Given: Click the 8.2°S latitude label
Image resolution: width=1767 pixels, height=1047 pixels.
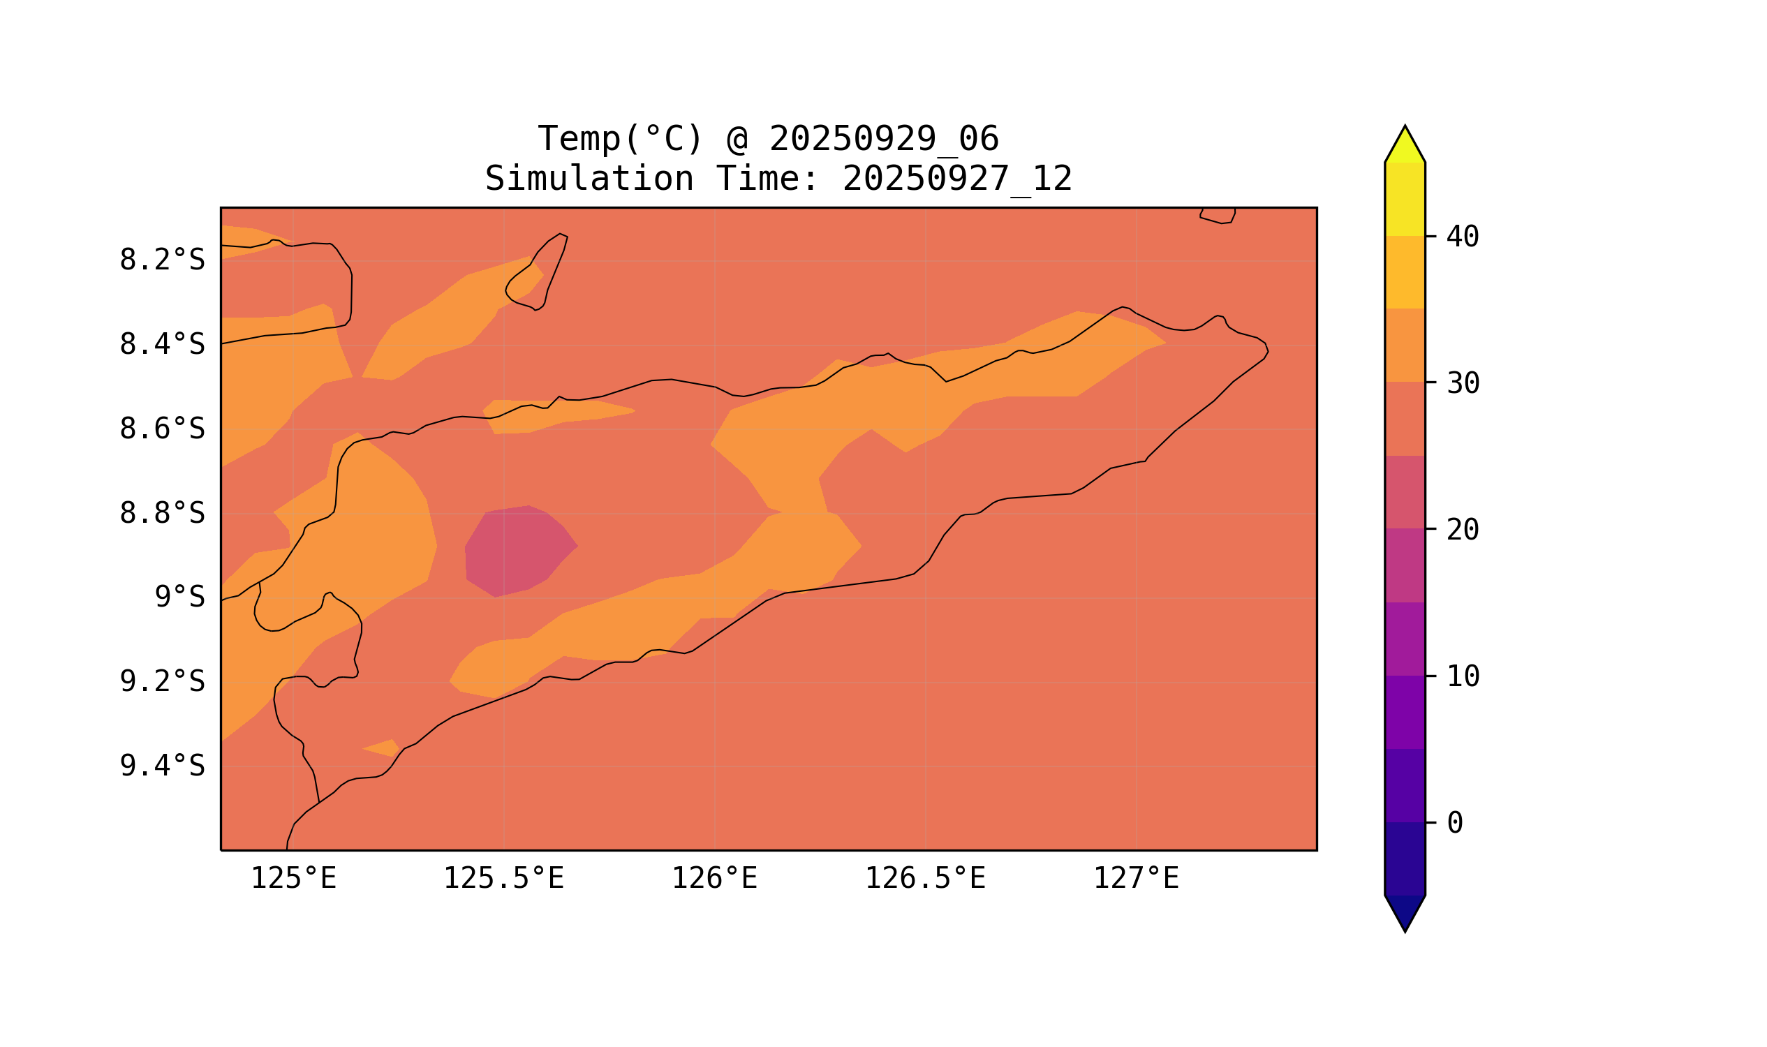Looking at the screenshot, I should click(x=161, y=260).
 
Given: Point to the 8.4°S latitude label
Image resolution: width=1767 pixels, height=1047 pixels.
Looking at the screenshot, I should click(x=161, y=345).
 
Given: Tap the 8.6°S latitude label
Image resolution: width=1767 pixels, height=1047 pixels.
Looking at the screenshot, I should click(x=161, y=429).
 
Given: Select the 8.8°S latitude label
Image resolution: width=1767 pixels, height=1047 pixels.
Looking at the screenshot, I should click(x=161, y=514).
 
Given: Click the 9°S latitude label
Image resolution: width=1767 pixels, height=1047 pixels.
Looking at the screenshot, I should click(x=179, y=597).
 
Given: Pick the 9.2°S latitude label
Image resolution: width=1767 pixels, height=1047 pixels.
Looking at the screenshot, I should click(x=161, y=682).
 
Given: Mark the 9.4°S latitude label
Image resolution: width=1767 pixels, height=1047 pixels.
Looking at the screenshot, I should click(x=161, y=766).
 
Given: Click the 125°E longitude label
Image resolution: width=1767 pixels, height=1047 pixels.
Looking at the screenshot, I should click(x=293, y=879).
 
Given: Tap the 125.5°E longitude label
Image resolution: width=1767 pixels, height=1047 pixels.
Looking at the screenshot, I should click(x=503, y=879).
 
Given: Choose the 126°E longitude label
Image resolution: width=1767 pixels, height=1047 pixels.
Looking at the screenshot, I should click(x=714, y=879).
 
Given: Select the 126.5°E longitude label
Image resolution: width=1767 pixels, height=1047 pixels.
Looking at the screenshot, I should click(x=925, y=879).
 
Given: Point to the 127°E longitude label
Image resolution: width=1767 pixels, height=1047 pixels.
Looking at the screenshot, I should click(x=1135, y=879).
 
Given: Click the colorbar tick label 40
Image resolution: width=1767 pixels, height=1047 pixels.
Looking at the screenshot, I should click(x=1463, y=237).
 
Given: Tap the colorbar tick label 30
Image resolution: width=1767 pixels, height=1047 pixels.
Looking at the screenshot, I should click(x=1463, y=384).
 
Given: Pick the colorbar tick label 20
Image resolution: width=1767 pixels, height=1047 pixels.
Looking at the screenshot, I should click(x=1463, y=530).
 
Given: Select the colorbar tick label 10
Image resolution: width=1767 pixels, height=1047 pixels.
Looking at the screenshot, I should click(x=1463, y=676).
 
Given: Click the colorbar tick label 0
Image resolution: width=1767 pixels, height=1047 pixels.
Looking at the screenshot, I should click(x=1455, y=823).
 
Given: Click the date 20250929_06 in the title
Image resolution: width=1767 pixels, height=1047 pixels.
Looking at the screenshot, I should click(x=884, y=139).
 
